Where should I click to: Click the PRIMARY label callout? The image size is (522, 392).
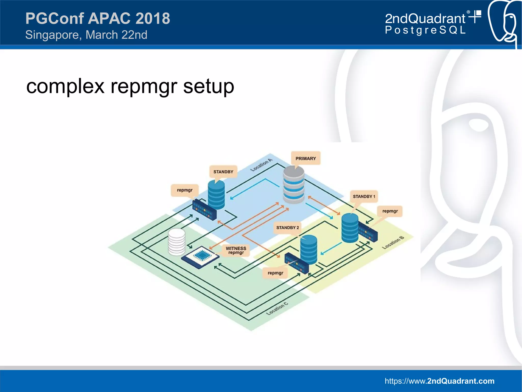click(306, 158)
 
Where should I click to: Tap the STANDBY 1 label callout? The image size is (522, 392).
click(364, 196)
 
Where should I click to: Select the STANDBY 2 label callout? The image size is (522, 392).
click(287, 228)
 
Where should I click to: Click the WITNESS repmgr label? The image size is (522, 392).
click(236, 250)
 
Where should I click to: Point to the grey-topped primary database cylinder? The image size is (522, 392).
click(294, 184)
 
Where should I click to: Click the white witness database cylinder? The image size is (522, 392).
click(177, 242)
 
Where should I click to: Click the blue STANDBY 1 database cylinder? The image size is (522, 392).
click(350, 228)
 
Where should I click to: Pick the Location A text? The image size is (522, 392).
click(261, 165)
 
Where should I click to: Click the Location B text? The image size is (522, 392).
click(393, 242)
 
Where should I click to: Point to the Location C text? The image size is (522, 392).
click(277, 308)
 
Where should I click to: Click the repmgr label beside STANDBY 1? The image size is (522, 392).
click(390, 211)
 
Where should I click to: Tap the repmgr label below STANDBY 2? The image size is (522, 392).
click(275, 273)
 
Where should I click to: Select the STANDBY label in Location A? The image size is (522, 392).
click(223, 172)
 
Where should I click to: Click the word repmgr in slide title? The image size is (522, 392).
click(144, 86)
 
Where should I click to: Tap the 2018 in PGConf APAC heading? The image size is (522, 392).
click(153, 18)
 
